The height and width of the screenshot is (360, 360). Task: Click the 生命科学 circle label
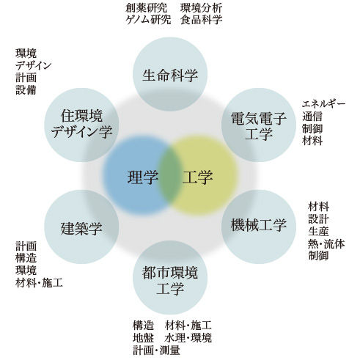pos(170,75)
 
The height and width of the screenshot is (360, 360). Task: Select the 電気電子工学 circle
pos(259,125)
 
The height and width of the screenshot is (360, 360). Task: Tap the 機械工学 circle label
pos(259,224)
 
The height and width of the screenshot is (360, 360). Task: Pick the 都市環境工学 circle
pos(170,277)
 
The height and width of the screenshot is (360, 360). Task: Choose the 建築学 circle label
pos(81,228)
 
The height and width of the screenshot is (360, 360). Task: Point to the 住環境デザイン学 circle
pos(81,125)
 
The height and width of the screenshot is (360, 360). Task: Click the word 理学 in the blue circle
pos(143,177)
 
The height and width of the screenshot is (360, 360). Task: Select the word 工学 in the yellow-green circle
pos(197,177)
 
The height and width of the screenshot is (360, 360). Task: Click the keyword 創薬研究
pos(146,8)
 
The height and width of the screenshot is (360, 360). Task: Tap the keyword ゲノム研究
pos(148,20)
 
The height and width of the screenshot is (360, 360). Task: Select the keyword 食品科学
pos(202,20)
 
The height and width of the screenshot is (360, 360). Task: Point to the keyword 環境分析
pos(202,8)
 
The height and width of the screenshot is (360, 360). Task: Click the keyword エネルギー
pos(323,104)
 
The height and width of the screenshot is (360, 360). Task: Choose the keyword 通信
pos(312,117)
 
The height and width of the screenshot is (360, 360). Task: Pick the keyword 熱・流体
pos(326,243)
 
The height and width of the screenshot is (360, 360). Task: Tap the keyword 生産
pos(318,232)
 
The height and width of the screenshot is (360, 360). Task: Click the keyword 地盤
pos(143,338)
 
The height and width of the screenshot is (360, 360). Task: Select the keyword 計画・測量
pos(156,350)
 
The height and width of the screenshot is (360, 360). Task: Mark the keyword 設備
pos(26,90)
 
